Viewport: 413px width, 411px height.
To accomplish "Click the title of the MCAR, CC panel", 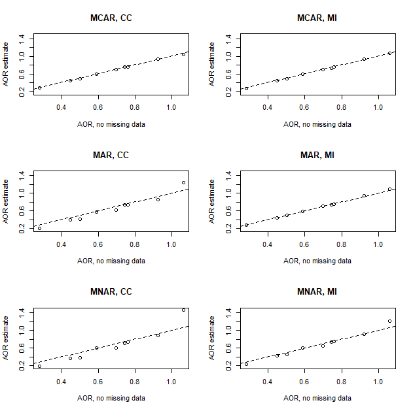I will tap(111, 19).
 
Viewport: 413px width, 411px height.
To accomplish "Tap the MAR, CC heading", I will tap(111, 156).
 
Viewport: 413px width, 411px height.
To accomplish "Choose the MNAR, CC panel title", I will tap(111, 292).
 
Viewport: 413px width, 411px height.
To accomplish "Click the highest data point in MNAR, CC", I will tap(184, 310).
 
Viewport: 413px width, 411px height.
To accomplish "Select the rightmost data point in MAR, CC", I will tap(184, 182).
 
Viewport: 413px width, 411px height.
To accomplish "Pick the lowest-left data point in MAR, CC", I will tap(39, 228).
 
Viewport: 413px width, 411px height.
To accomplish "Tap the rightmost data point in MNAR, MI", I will tap(389, 321).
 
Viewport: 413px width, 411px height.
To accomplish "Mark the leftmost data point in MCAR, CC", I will tap(39, 88).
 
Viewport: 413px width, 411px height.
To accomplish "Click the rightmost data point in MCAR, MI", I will tap(389, 53).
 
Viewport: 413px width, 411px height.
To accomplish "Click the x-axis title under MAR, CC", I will tap(111, 261).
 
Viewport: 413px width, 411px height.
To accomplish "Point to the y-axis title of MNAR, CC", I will tap(6, 338).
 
